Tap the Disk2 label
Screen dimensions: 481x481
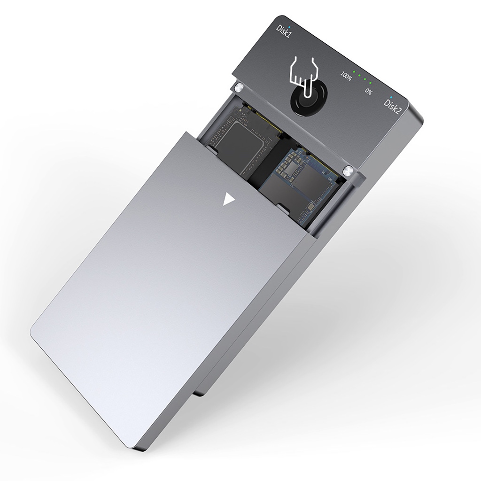point(393,107)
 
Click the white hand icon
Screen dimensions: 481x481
point(303,75)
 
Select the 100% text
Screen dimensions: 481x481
point(346,77)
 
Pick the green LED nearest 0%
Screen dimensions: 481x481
point(371,83)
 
